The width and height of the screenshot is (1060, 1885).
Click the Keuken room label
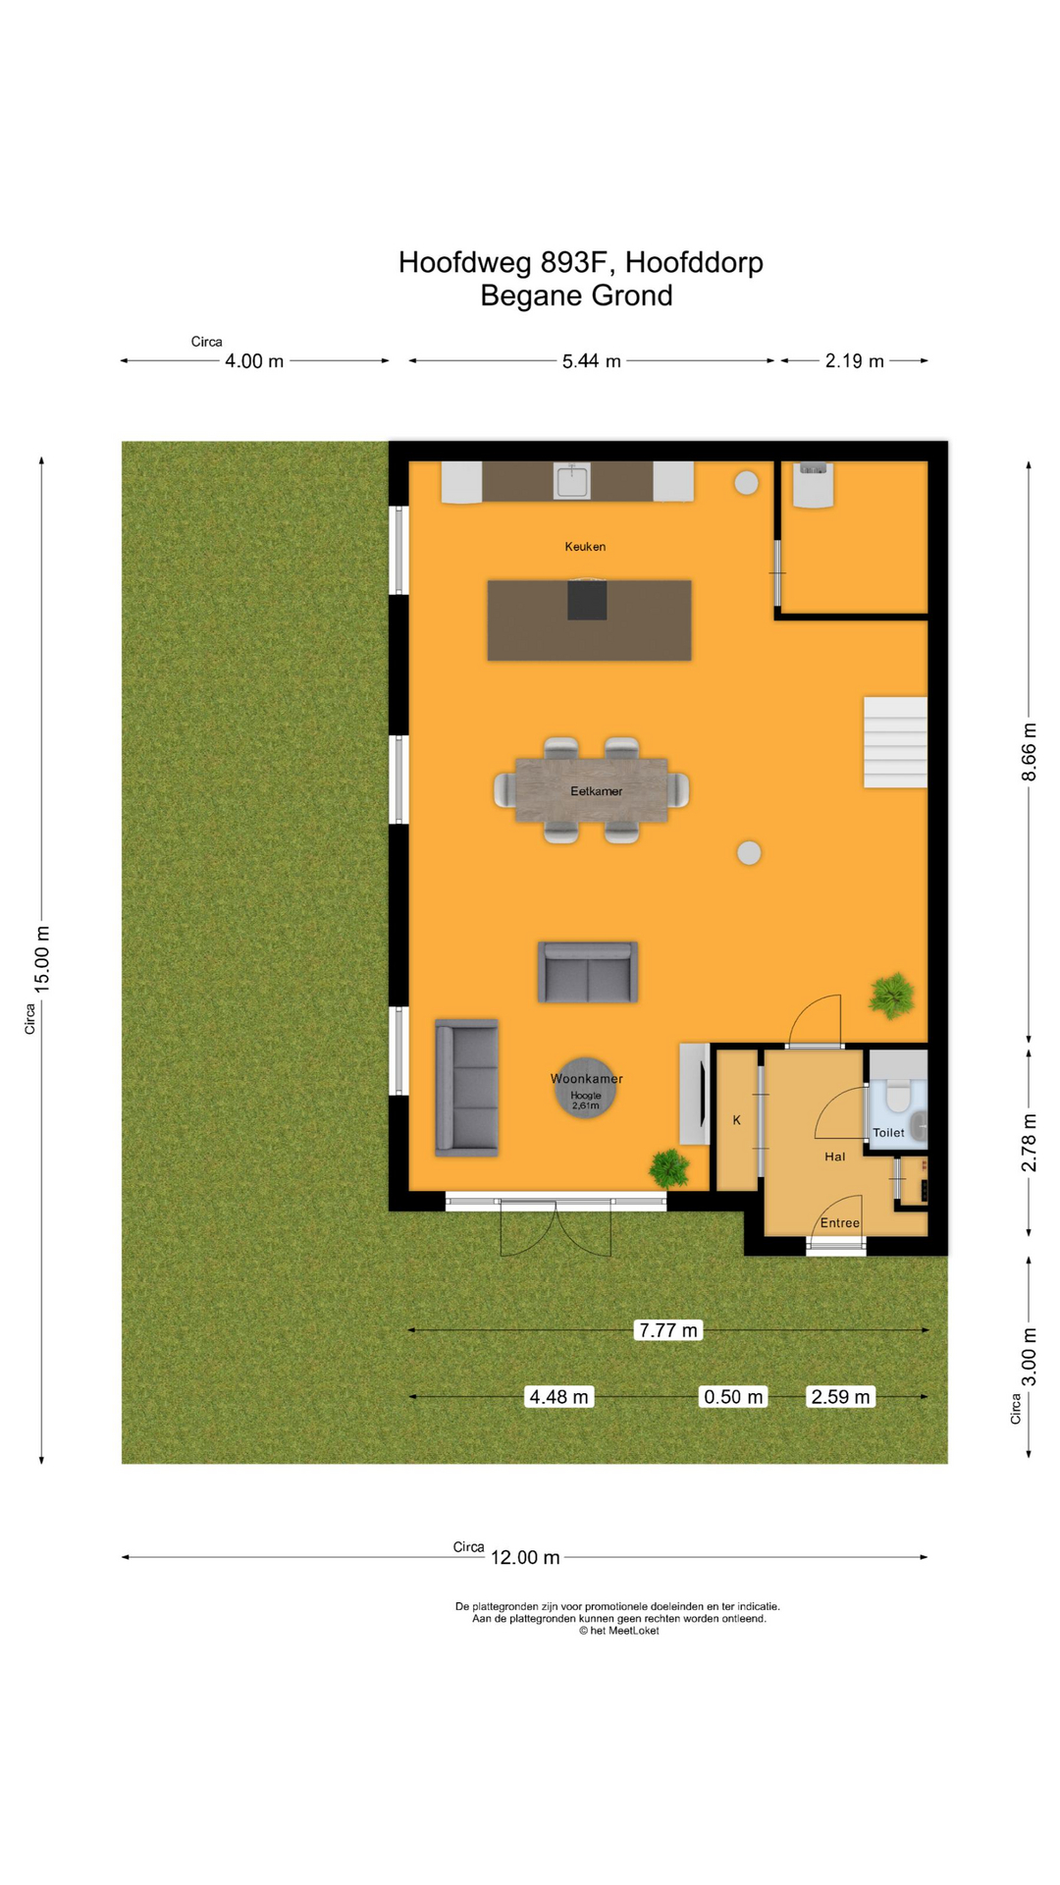tap(585, 547)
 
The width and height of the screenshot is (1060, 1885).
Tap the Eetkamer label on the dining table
tap(596, 791)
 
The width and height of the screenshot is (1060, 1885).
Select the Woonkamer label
tap(586, 1079)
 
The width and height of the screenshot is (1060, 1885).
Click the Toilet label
tap(888, 1133)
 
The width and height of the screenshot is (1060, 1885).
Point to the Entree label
tap(839, 1223)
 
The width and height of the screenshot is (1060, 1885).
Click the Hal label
tap(834, 1158)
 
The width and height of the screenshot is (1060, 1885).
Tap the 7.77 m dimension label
tap(668, 1330)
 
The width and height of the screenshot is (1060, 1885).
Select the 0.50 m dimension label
tap(733, 1397)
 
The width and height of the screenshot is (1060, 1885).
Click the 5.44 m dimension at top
tap(591, 361)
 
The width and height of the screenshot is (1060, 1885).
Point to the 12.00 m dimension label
tap(525, 1558)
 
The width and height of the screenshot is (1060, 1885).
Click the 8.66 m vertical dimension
tap(1029, 752)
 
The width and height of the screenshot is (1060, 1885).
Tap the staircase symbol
tap(895, 742)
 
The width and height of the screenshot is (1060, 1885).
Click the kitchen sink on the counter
tap(571, 482)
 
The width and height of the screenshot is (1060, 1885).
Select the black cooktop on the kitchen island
tap(587, 600)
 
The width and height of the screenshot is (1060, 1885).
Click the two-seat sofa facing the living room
tap(588, 972)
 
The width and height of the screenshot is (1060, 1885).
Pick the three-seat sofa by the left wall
tap(467, 1088)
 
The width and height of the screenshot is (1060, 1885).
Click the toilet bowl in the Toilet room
tap(898, 1097)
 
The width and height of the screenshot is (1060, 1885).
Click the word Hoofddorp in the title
tap(694, 263)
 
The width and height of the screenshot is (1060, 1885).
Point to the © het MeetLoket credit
tap(618, 1631)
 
